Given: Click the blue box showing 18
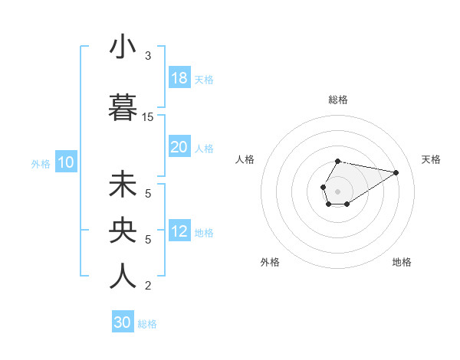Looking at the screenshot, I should pyautogui.click(x=179, y=78).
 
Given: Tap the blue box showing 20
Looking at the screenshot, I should pyautogui.click(x=179, y=147).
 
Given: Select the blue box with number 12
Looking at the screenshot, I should pyautogui.click(x=179, y=231).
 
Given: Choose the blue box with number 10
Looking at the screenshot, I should pyautogui.click(x=65, y=162).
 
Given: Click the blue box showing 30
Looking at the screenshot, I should pyautogui.click(x=123, y=322).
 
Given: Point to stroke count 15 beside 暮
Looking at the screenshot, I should pyautogui.click(x=148, y=117).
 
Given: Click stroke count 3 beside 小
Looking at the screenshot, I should pyautogui.click(x=148, y=56).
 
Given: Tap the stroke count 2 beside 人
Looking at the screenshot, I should pyautogui.click(x=148, y=286).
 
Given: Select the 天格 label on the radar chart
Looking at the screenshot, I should pyautogui.click(x=431, y=159).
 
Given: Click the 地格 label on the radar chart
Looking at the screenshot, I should pyautogui.click(x=402, y=262).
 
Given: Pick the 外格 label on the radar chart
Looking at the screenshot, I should pyautogui.click(x=270, y=262).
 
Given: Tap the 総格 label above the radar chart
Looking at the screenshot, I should pyautogui.click(x=338, y=100).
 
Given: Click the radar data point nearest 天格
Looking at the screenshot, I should pyautogui.click(x=396, y=172).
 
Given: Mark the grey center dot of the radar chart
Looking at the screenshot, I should pyautogui.click(x=337, y=190).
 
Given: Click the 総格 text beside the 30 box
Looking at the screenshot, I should pyautogui.click(x=148, y=324).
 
